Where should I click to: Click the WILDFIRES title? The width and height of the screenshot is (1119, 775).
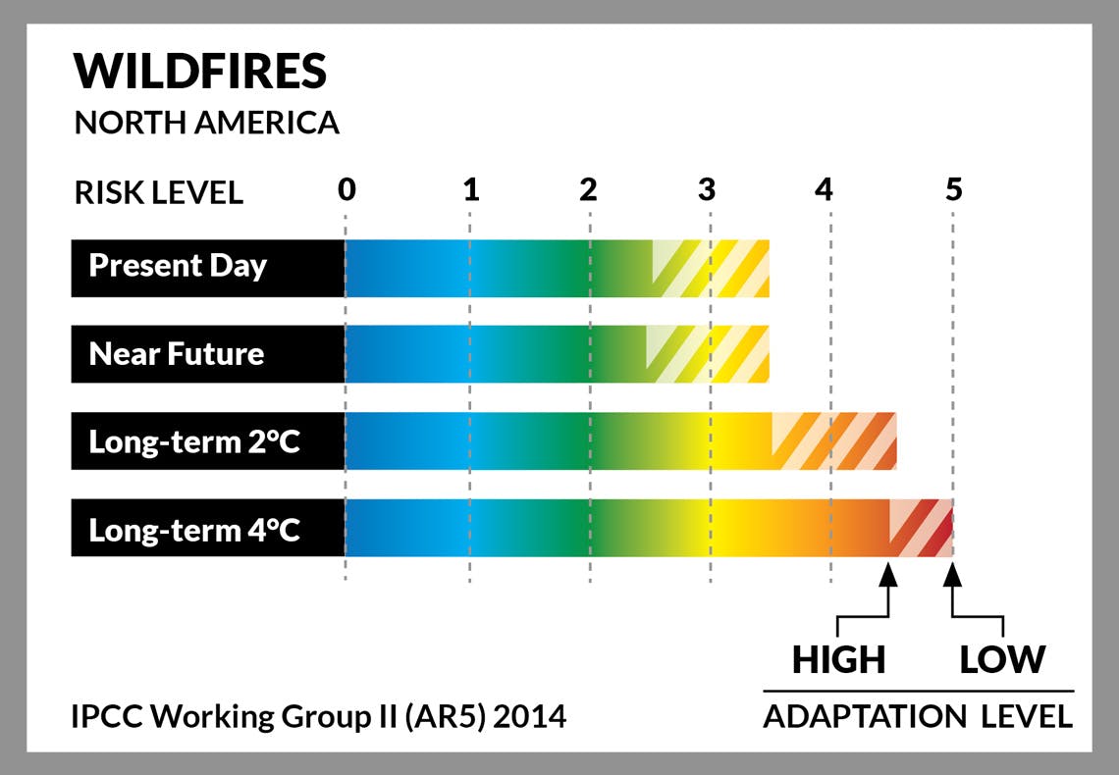(200, 71)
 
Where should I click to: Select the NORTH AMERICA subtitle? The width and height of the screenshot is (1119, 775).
(206, 123)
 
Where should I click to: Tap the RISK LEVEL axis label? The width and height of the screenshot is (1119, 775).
(158, 192)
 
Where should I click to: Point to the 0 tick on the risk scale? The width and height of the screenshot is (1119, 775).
(346, 189)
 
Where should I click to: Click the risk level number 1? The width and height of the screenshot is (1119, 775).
(470, 189)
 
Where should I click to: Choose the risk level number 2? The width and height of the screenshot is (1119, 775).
(588, 189)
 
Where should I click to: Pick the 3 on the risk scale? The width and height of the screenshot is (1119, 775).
(707, 189)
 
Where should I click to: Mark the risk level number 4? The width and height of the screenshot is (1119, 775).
(824, 189)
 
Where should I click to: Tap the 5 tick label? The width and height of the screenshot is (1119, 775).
(954, 189)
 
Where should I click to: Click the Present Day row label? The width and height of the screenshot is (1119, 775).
(178, 267)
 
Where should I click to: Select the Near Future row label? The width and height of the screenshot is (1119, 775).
(177, 353)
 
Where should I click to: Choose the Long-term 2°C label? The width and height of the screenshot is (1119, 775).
(194, 442)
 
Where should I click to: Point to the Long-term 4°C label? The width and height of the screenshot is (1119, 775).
(194, 531)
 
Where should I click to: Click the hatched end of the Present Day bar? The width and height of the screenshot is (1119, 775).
(711, 269)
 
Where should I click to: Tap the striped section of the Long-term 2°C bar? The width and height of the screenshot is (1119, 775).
(833, 440)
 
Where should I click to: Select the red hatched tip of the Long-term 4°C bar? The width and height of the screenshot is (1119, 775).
(921, 528)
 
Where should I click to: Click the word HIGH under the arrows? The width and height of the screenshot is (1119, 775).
(838, 659)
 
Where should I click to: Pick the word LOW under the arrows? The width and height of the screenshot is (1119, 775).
(1002, 659)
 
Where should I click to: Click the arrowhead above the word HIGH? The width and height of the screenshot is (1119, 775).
(887, 575)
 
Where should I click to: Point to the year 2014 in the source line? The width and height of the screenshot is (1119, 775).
(529, 716)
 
